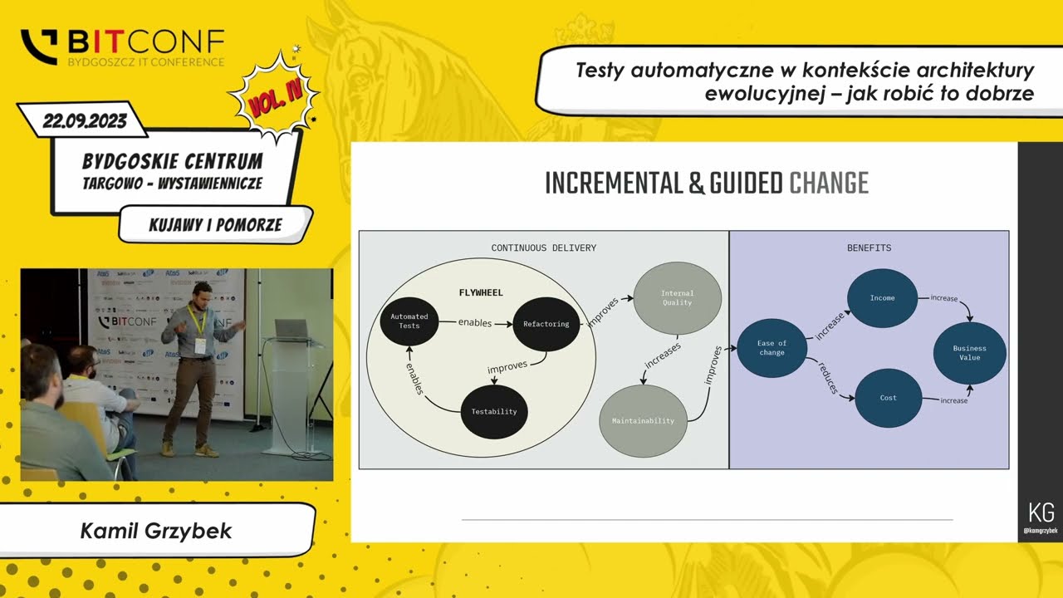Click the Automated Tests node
pos(409,321)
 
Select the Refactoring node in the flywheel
pos(546,323)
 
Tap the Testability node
pos(494,411)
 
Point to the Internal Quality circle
pos(677,297)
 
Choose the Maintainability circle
pos(643,420)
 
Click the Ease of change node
pos(772,347)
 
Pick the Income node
pos(882,297)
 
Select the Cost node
pos(888,398)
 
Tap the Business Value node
pos(969,353)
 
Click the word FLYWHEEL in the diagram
pos(481,292)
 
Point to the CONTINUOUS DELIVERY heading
pos(543,248)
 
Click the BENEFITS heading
pos(869,248)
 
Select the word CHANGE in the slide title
pos(828,183)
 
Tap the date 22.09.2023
pos(85,121)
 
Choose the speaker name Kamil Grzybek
pos(156,530)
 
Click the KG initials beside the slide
pos(1041,512)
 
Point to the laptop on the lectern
pos(291,329)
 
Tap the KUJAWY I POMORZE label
pos(215,224)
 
